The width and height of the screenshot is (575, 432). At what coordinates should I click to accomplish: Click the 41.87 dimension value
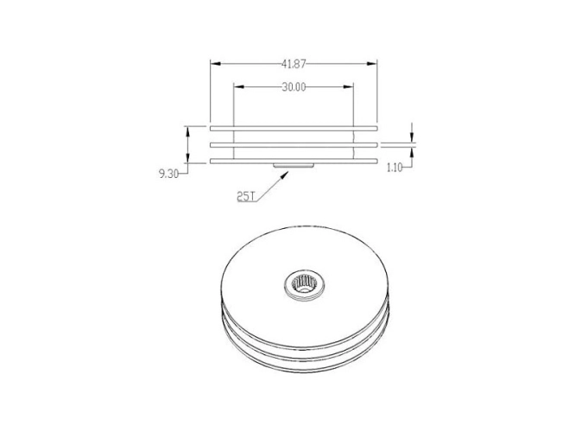[294, 64]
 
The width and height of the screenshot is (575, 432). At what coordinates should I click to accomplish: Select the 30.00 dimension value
[294, 87]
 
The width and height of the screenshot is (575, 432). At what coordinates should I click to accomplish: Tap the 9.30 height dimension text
[168, 174]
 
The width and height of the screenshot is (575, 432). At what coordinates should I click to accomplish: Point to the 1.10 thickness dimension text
[395, 168]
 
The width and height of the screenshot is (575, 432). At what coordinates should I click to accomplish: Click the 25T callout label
[246, 197]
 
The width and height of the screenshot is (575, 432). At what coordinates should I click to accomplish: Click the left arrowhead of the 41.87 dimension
[215, 64]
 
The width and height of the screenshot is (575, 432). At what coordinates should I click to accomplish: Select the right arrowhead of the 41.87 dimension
[372, 64]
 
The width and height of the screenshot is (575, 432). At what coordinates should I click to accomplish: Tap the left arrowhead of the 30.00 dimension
[239, 87]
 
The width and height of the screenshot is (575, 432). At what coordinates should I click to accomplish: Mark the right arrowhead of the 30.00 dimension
[348, 87]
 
